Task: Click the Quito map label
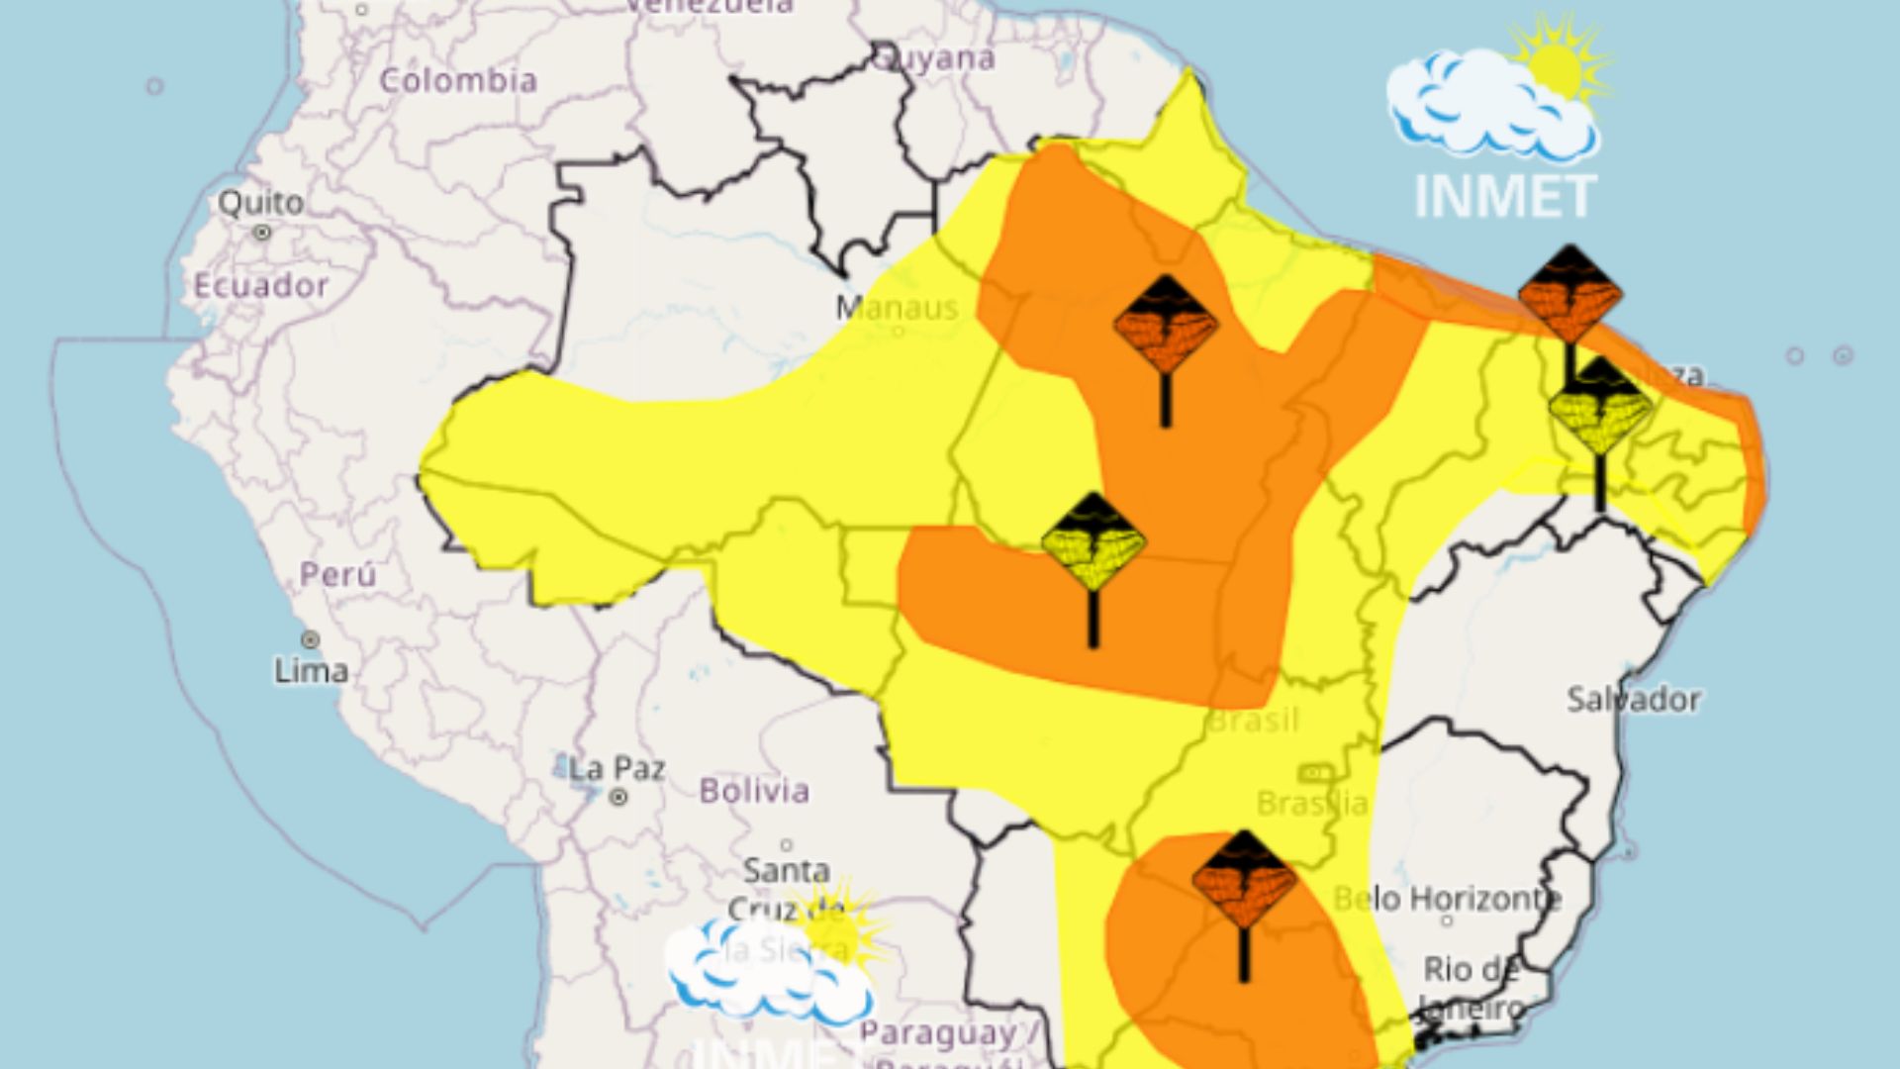click(x=260, y=202)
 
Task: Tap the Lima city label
click(x=311, y=671)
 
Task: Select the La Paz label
click(x=617, y=768)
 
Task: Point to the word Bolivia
click(x=754, y=791)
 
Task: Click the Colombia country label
click(x=458, y=81)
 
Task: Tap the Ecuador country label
click(x=260, y=286)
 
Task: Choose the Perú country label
click(x=337, y=574)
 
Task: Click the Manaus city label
click(x=897, y=308)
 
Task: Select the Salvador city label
click(x=1634, y=700)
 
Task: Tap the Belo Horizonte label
click(x=1447, y=899)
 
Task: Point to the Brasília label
click(x=1312, y=803)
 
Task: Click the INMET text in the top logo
click(x=1504, y=196)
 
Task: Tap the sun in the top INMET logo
click(x=1555, y=67)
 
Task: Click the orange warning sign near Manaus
click(x=1166, y=327)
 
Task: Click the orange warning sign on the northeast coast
click(x=1570, y=294)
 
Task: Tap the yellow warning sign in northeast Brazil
click(x=1600, y=407)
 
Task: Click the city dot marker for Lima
click(x=311, y=639)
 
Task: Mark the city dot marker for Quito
click(x=262, y=233)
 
